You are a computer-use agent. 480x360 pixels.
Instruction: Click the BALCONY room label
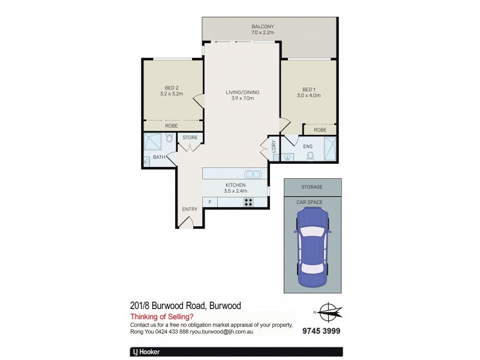tap(262, 26)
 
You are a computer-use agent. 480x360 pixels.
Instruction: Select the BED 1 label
tap(308, 88)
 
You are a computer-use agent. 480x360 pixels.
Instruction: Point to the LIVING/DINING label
tap(242, 92)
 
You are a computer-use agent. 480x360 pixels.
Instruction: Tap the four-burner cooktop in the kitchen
tap(248, 202)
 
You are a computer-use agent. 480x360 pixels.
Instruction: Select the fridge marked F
tap(210, 202)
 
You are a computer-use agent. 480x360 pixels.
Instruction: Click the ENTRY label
tap(190, 209)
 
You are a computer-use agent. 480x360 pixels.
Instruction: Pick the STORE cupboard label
tap(190, 137)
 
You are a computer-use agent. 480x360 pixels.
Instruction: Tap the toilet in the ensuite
tap(310, 156)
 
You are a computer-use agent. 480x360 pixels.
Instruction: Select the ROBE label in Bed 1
tap(320, 130)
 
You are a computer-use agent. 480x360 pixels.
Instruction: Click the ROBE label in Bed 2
tap(172, 126)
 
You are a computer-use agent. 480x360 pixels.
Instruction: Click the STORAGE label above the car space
tap(312, 187)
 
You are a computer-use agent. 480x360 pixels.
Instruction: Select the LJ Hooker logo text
tap(145, 352)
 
